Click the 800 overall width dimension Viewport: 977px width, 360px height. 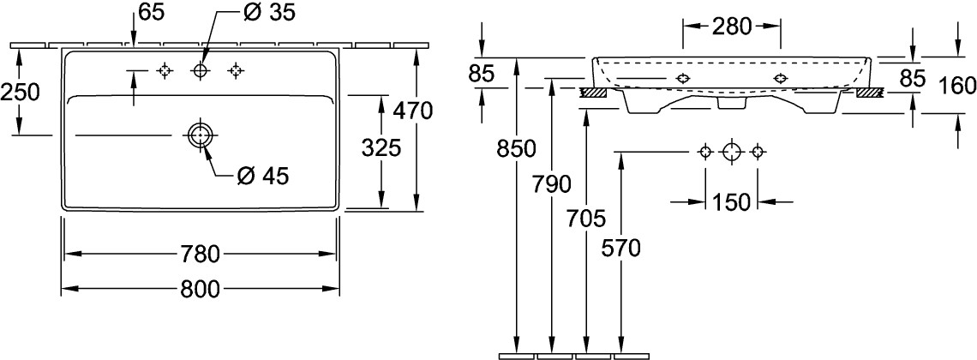point(201,288)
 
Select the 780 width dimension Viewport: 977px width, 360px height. point(201,255)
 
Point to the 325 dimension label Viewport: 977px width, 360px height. point(381,148)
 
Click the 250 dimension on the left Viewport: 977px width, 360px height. point(20,91)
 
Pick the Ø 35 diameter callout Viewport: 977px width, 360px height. point(255,14)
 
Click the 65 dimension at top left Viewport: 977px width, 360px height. point(151,13)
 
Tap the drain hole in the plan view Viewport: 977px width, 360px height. point(200,135)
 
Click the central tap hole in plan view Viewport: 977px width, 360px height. point(200,71)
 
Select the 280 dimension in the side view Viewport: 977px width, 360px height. point(731,27)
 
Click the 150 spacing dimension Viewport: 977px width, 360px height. point(730,201)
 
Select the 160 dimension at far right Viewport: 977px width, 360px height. point(957,85)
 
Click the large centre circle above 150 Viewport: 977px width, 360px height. point(730,153)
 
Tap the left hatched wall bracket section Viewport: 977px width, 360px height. point(593,92)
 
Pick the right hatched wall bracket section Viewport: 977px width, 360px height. point(869,92)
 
